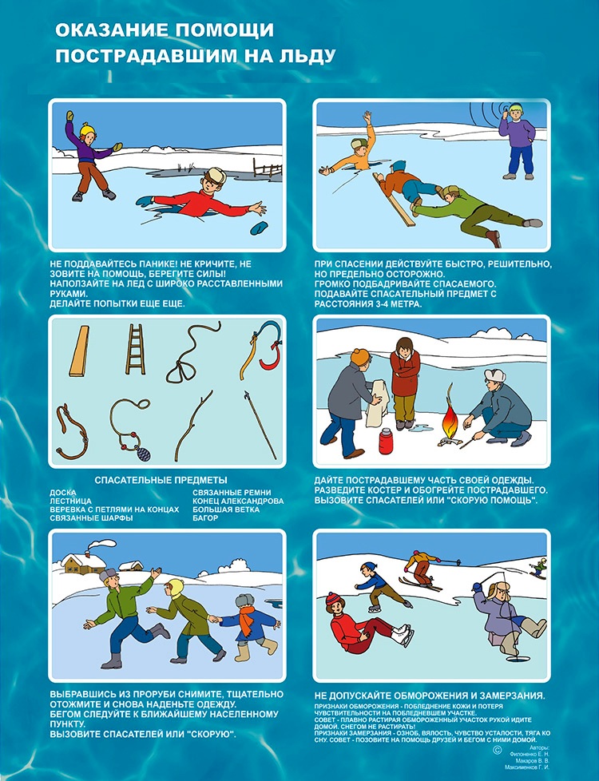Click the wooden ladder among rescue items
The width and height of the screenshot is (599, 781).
(x=135, y=349)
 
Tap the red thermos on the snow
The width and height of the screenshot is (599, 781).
(x=386, y=440)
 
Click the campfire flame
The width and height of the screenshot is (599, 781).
(x=450, y=416)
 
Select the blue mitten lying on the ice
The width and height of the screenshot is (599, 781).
(x=259, y=228)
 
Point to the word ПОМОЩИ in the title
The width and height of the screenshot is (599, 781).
(x=224, y=30)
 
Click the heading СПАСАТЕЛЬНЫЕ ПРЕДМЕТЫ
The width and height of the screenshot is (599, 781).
(x=161, y=480)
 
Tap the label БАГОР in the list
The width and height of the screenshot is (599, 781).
(x=205, y=518)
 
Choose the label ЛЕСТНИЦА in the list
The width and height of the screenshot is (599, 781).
(x=71, y=501)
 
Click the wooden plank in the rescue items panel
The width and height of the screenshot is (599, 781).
(x=79, y=351)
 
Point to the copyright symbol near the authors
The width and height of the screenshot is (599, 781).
(x=497, y=750)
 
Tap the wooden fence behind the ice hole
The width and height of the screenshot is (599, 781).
(x=268, y=168)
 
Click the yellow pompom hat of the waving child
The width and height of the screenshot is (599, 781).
(x=88, y=129)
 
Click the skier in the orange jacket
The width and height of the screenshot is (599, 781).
(x=422, y=569)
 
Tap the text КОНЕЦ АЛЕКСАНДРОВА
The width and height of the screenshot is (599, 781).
(x=238, y=501)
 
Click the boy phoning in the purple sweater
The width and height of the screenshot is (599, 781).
(x=517, y=142)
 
